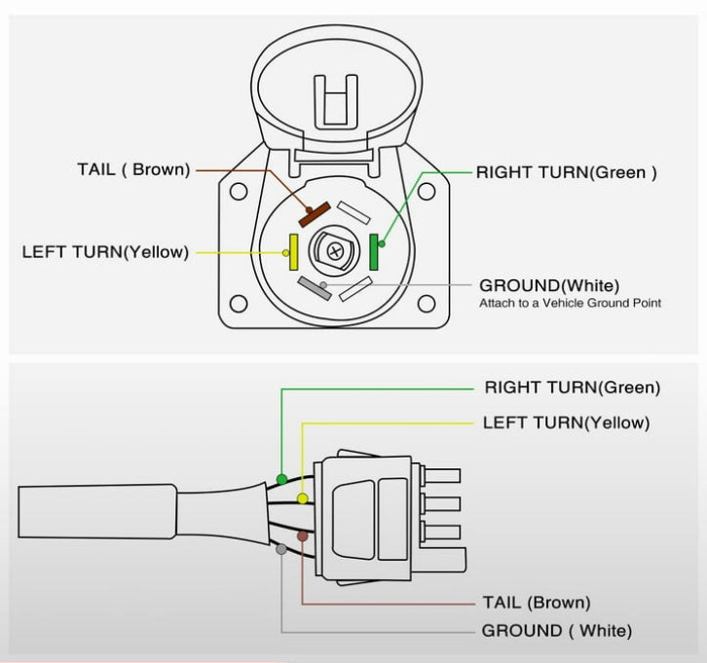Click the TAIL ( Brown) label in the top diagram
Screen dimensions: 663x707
pyautogui.click(x=133, y=169)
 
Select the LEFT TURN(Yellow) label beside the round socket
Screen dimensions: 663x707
pyautogui.click(x=105, y=252)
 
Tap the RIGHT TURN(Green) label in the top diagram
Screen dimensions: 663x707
pyautogui.click(x=566, y=172)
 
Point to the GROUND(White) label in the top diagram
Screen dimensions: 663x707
pyautogui.click(x=549, y=285)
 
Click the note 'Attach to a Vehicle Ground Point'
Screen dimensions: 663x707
pyautogui.click(x=570, y=304)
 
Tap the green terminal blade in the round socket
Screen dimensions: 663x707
pyautogui.click(x=375, y=252)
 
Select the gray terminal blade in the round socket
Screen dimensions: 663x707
pyautogui.click(x=315, y=287)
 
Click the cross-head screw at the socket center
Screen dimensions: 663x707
pyautogui.click(x=335, y=251)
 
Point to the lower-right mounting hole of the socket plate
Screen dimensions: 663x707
pyautogui.click(x=426, y=303)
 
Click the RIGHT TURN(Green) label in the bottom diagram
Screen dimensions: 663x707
pyautogui.click(x=572, y=387)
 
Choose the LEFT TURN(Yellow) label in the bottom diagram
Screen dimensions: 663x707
pyautogui.click(x=566, y=423)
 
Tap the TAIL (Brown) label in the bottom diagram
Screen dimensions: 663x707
pyautogui.click(x=536, y=603)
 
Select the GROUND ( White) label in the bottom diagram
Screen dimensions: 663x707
pyautogui.click(x=556, y=631)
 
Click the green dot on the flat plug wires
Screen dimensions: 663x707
pyautogui.click(x=281, y=479)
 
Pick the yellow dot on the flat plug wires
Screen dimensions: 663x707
pyautogui.click(x=303, y=498)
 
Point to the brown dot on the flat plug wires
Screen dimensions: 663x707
pyautogui.click(x=303, y=536)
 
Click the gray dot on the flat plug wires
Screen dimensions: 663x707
pyautogui.click(x=281, y=550)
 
